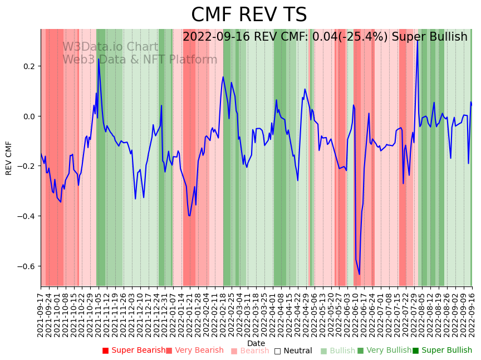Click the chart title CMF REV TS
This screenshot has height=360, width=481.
249,15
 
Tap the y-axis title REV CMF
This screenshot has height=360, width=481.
9,158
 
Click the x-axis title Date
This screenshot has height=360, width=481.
256,343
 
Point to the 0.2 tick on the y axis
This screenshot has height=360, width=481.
28,66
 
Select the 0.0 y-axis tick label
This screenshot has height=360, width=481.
28,116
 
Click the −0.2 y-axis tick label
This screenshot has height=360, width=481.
26,166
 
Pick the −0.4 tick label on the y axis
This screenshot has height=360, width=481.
26,216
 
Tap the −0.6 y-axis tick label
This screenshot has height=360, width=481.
26,266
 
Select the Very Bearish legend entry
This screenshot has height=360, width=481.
194,351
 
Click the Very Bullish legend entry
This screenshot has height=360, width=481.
384,351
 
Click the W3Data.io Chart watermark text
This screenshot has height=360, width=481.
110,47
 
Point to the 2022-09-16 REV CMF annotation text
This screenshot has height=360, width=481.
325,37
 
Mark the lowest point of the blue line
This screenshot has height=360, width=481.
359,274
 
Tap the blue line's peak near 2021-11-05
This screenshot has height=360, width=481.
99,59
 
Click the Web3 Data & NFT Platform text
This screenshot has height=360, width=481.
140,60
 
